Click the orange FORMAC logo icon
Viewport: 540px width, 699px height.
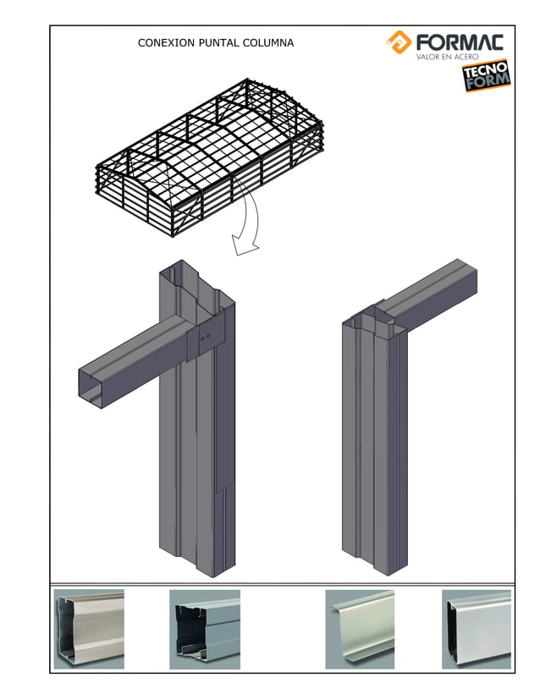[x=399, y=41]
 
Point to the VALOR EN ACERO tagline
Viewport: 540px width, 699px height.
[x=447, y=58]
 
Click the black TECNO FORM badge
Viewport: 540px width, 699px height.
[x=486, y=76]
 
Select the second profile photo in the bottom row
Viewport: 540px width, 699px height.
[x=205, y=629]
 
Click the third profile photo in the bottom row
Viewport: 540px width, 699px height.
[x=360, y=629]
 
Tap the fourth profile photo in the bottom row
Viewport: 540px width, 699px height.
[x=476, y=629]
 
